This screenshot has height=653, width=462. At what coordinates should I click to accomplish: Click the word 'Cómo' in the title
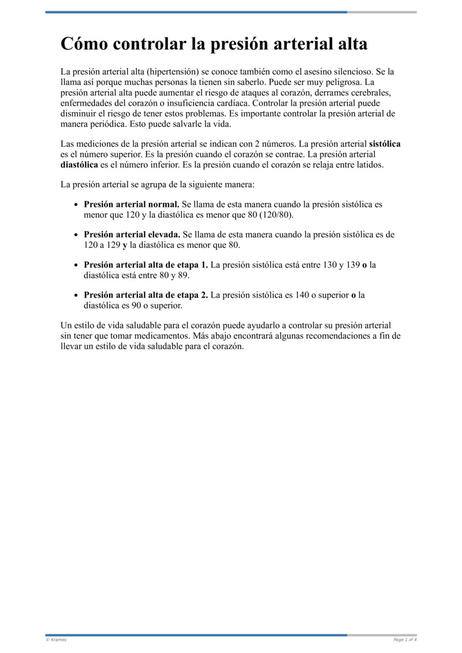point(84,44)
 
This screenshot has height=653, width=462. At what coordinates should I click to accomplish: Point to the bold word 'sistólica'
point(385,143)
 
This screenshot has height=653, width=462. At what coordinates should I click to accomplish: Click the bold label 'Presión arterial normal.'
point(132,204)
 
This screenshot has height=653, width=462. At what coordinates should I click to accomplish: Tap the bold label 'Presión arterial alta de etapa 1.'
point(146,265)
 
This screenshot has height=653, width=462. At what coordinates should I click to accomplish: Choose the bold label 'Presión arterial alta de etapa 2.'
point(146,295)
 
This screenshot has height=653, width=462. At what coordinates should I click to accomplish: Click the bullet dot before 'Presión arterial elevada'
point(77,235)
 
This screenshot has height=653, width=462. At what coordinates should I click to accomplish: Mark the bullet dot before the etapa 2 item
point(77,295)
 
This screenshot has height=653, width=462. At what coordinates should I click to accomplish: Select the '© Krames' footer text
point(56,640)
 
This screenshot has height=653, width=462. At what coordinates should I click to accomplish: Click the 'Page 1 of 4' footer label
point(405,640)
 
